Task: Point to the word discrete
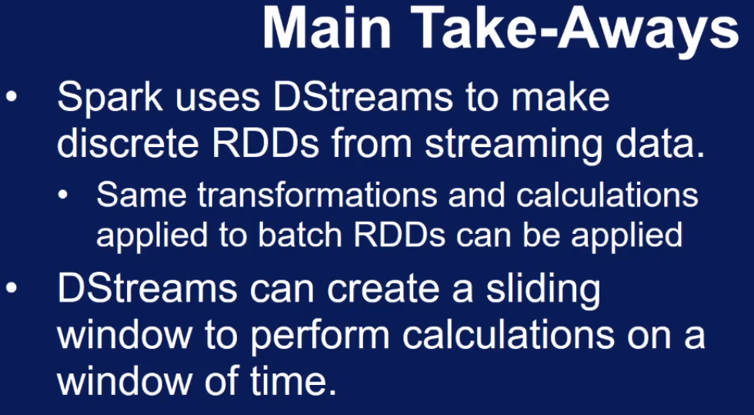point(128,142)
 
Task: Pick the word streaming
point(514,146)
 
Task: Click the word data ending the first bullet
point(660,143)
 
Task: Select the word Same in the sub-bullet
point(142,195)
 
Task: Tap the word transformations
point(317,195)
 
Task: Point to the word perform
point(319,338)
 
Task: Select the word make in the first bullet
point(561,96)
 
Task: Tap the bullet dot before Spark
point(11,96)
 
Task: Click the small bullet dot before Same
point(62,196)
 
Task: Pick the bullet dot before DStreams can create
point(11,289)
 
